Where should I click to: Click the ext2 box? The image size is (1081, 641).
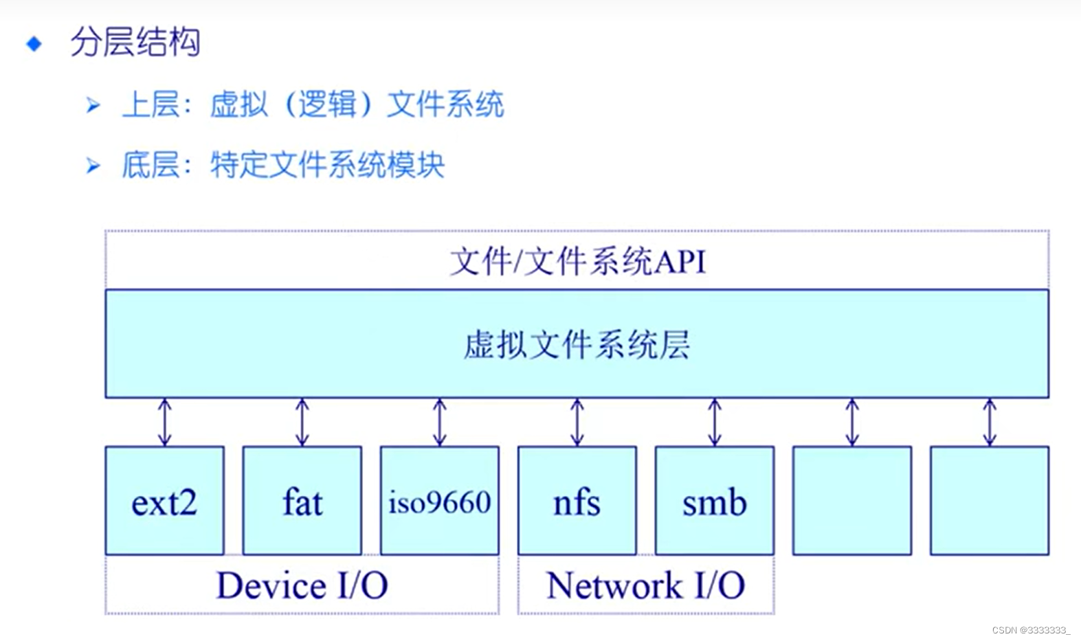(x=164, y=501)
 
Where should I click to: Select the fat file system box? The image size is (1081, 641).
(x=302, y=501)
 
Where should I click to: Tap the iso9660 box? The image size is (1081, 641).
(x=439, y=501)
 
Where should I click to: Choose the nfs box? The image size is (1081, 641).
(x=577, y=501)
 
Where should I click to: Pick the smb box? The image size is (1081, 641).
(x=714, y=501)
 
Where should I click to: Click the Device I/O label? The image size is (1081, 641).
(x=302, y=585)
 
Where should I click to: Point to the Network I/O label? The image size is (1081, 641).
(x=645, y=585)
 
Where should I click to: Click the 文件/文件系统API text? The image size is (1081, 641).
(x=577, y=262)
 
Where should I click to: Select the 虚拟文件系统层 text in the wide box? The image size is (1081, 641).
(x=577, y=344)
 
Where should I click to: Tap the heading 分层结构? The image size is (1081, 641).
(x=135, y=43)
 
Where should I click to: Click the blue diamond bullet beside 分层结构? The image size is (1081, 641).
(x=34, y=44)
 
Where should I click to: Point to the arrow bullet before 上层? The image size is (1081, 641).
(x=93, y=105)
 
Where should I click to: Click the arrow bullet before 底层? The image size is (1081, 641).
(x=93, y=166)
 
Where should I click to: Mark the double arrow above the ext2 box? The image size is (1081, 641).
(x=164, y=422)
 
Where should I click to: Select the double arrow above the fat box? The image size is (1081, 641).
(x=302, y=422)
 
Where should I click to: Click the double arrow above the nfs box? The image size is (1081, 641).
(x=577, y=422)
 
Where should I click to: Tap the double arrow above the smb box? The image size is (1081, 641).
(x=714, y=422)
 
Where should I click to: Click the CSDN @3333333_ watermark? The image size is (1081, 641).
(x=1031, y=630)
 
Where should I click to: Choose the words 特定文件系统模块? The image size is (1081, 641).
(x=327, y=166)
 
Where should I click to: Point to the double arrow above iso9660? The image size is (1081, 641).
(x=439, y=422)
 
